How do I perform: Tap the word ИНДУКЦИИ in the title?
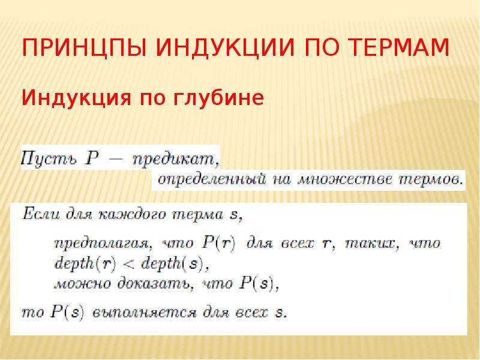[226, 47]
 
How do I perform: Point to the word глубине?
[218, 98]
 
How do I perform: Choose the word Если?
[41, 214]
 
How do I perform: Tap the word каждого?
[132, 214]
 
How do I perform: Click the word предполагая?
[103, 244]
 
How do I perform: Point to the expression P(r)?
[219, 244]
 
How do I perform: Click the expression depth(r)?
[85, 263]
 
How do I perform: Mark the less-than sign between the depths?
[128, 265]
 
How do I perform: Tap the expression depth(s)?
[171, 263]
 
